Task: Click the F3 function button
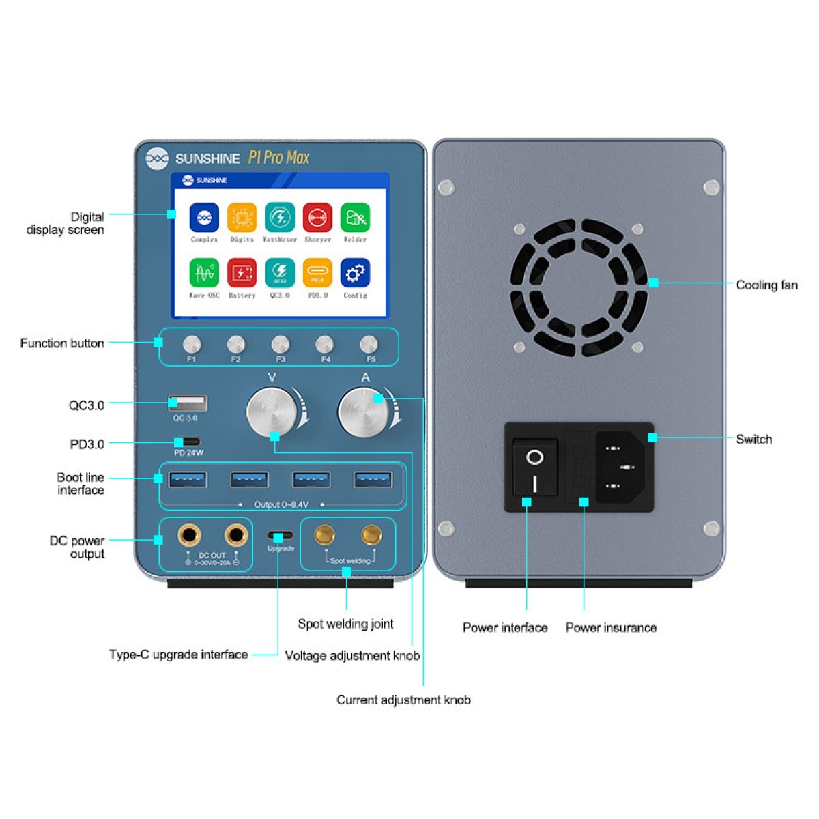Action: (x=280, y=344)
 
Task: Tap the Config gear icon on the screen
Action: (x=355, y=273)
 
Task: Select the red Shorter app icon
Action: (x=317, y=218)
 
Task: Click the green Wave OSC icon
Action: (x=204, y=273)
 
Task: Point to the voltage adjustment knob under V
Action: (x=272, y=412)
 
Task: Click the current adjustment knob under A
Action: (x=363, y=412)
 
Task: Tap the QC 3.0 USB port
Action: (x=187, y=403)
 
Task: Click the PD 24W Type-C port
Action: (x=187, y=442)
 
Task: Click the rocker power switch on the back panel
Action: (x=535, y=468)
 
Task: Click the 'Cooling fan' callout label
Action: (x=766, y=285)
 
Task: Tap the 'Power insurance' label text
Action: (x=611, y=628)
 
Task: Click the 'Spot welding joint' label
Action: (x=345, y=624)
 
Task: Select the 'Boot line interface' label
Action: (x=81, y=484)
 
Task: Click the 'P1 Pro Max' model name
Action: (x=278, y=158)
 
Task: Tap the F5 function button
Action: (x=369, y=344)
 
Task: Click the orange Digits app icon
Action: (x=242, y=218)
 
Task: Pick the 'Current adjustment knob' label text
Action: (x=403, y=700)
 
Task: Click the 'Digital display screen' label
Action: (x=66, y=223)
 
